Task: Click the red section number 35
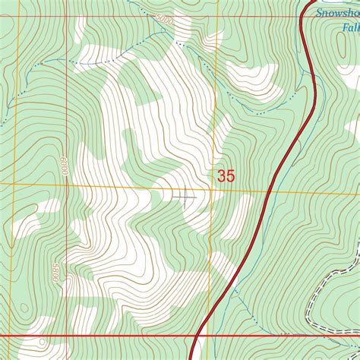pos(226,175)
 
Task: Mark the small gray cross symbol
pos(184,197)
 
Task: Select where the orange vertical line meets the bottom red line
pos(213,335)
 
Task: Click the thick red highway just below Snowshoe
pos(307,30)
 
